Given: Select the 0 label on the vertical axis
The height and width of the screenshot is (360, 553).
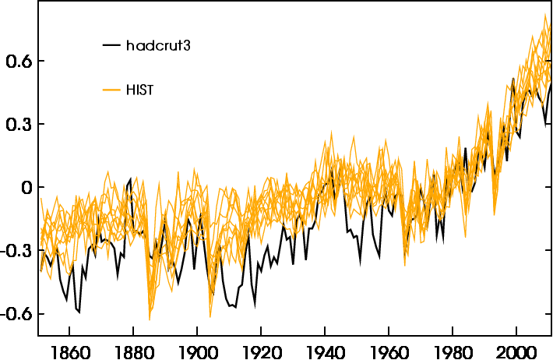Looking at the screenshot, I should [27, 187].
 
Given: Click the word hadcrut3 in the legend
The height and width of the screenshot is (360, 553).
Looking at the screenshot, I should [159, 45].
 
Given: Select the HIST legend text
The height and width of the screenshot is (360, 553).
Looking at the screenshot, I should [140, 90].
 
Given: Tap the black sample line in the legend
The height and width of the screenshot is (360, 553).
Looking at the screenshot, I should [112, 45].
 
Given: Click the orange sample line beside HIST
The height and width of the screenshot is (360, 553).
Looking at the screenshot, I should [112, 90].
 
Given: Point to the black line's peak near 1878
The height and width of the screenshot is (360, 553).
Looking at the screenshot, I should [131, 178].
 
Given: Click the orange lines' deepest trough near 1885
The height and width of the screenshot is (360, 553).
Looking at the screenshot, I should [150, 319].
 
